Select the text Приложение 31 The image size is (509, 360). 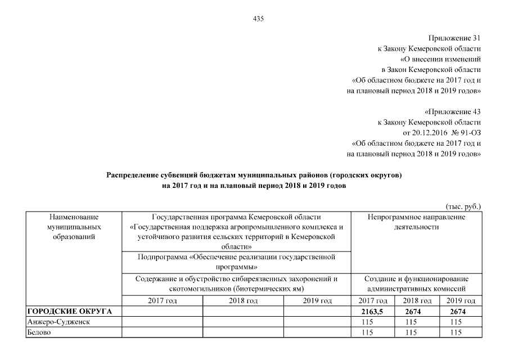(x=454, y=38)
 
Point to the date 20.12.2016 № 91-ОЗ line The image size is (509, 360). (x=442, y=133)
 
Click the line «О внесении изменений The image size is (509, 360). (x=440, y=59)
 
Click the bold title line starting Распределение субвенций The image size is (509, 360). (x=254, y=175)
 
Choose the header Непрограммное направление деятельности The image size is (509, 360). (x=416, y=222)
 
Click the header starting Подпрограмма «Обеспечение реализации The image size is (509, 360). (x=236, y=262)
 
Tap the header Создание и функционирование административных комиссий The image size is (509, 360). (x=416, y=283)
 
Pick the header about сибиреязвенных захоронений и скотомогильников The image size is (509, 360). (x=236, y=283)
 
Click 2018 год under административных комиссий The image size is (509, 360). (x=417, y=301)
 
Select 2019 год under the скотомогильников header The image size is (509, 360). (x=317, y=301)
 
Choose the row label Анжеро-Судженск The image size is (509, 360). (x=60, y=322)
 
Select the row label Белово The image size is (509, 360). (x=39, y=332)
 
